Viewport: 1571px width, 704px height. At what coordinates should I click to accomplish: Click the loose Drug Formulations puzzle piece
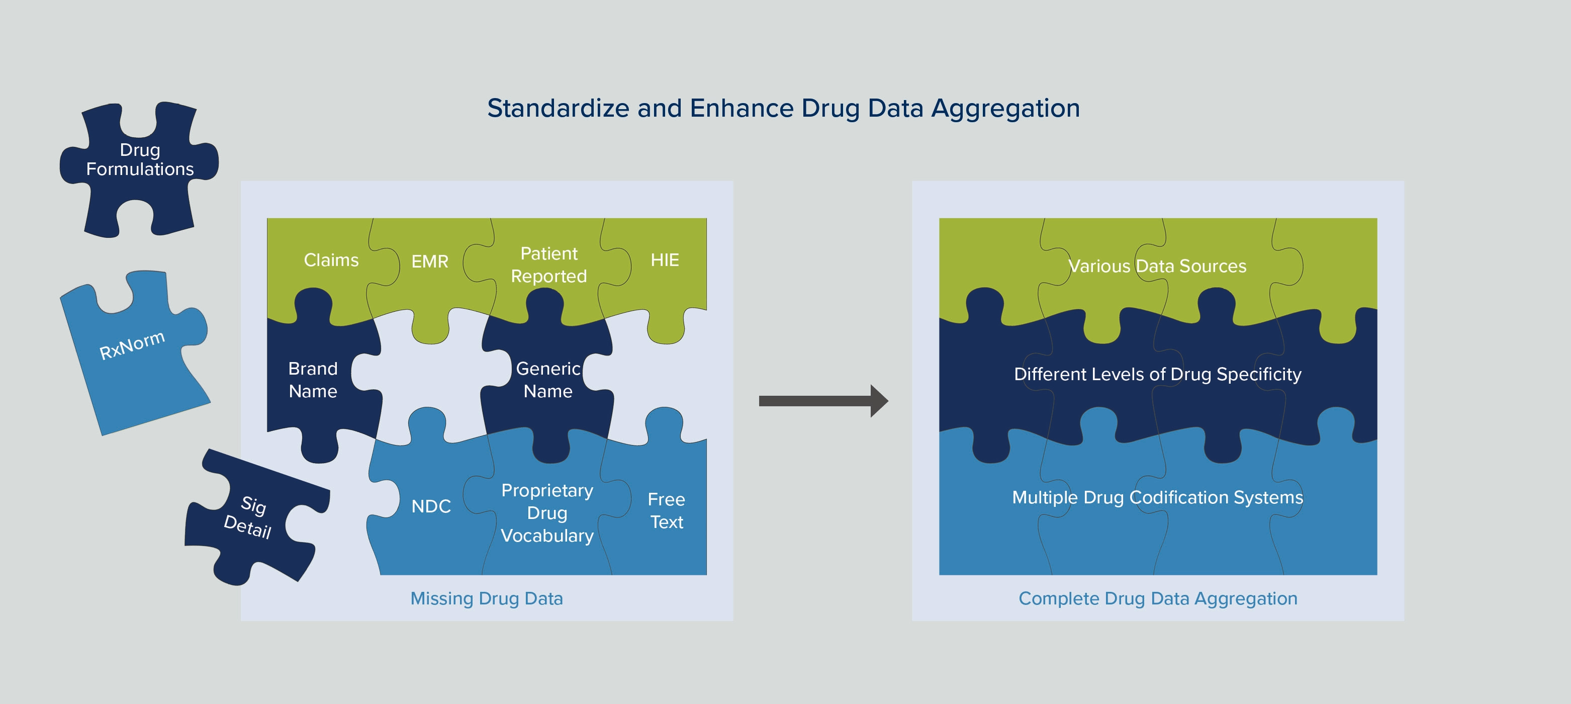click(140, 160)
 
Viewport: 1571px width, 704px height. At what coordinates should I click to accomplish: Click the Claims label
click(331, 260)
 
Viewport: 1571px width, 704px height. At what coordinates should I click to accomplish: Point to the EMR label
click(429, 261)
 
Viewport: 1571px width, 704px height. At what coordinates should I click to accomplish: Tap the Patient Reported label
click(548, 265)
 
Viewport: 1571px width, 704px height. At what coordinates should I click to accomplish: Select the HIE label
click(664, 260)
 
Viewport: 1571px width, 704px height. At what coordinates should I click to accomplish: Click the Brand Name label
click(313, 380)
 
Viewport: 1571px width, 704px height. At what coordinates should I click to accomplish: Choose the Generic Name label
click(547, 380)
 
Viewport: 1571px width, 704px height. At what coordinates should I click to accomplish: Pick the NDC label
click(430, 506)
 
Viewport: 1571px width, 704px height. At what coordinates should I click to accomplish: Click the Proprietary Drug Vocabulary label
click(547, 513)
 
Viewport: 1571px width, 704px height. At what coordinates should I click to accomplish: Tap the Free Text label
click(666, 510)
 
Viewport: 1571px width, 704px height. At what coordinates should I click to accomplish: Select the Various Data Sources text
click(1157, 266)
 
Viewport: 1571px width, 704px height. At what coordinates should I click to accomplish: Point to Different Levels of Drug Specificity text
click(1157, 374)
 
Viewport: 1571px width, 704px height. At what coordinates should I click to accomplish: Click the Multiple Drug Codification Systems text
click(1157, 497)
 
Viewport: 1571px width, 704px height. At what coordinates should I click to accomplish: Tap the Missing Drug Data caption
click(486, 598)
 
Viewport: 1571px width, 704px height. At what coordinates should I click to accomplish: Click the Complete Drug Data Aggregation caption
click(1158, 598)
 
